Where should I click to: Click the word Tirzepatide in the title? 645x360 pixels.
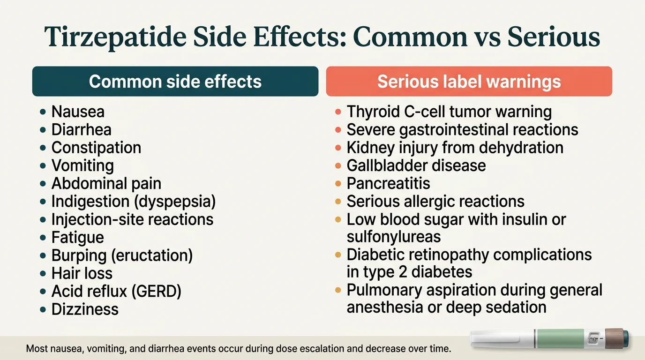pyautogui.click(x=118, y=38)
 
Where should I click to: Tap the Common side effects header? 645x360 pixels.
pyautogui.click(x=175, y=82)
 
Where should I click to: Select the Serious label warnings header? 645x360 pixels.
pyautogui.click(x=469, y=82)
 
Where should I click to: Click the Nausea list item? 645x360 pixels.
pyautogui.click(x=78, y=112)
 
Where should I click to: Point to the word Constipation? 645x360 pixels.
pyautogui.click(x=96, y=148)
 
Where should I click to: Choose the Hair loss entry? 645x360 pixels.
pyautogui.click(x=82, y=273)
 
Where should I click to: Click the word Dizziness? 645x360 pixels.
pyautogui.click(x=85, y=309)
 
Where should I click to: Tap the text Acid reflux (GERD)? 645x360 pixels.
pyautogui.click(x=116, y=292)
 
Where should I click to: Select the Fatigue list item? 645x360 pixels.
pyautogui.click(x=78, y=237)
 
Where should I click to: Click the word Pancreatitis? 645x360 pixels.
pyautogui.click(x=388, y=183)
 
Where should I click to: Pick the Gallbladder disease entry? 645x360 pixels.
pyautogui.click(x=416, y=165)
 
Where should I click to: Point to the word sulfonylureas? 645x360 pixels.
pyautogui.click(x=394, y=237)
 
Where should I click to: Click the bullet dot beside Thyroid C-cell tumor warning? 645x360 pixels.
pyautogui.click(x=338, y=112)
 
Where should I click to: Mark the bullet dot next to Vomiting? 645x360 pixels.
pyautogui.click(x=43, y=166)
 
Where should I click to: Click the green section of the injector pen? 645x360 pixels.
pyautogui.click(x=559, y=339)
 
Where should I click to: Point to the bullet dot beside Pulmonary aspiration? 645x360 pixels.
pyautogui.click(x=338, y=291)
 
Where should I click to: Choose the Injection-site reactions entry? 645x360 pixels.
pyautogui.click(x=132, y=219)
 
